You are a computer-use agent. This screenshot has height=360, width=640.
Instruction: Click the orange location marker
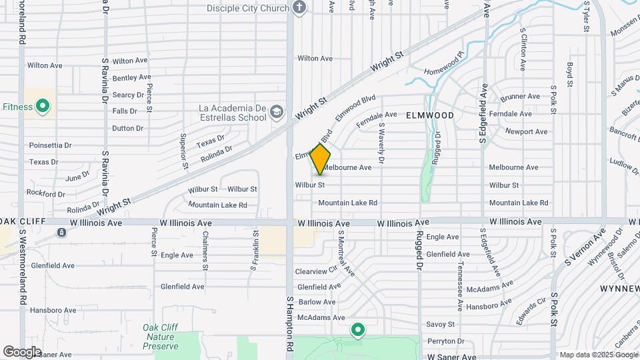click(x=321, y=159)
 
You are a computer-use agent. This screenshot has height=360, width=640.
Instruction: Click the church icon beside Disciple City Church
click(x=299, y=8)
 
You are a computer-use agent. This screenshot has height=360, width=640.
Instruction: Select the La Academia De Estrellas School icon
click(x=277, y=114)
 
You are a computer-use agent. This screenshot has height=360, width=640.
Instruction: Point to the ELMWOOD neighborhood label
click(x=430, y=115)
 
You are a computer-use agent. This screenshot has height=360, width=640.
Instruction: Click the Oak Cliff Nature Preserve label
click(x=160, y=337)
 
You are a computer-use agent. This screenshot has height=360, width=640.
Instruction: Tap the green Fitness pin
click(x=43, y=106)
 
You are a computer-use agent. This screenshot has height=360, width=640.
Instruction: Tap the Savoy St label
click(x=441, y=324)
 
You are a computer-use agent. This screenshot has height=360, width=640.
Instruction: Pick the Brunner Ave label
click(x=519, y=97)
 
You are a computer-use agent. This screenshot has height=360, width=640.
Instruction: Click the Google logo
click(x=22, y=351)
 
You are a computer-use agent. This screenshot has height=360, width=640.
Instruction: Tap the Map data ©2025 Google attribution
click(x=598, y=355)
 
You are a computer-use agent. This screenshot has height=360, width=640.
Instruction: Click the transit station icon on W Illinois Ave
click(x=61, y=233)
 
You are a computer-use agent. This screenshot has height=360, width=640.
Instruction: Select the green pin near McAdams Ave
click(x=358, y=329)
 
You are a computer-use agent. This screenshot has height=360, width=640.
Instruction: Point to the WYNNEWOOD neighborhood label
click(x=619, y=288)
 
